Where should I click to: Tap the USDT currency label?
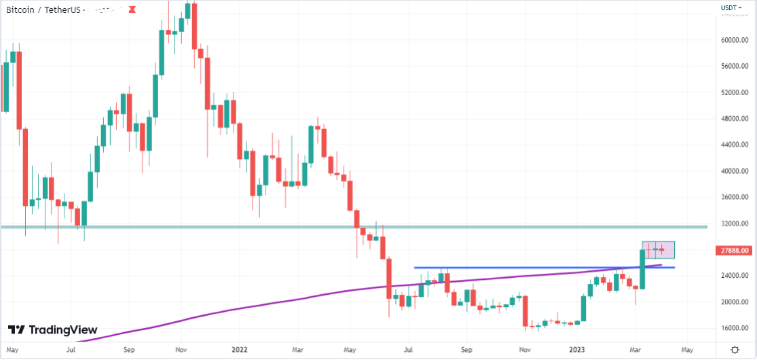[x=729, y=8]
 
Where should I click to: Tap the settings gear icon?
[x=735, y=349]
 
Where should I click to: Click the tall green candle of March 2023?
[x=642, y=269]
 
